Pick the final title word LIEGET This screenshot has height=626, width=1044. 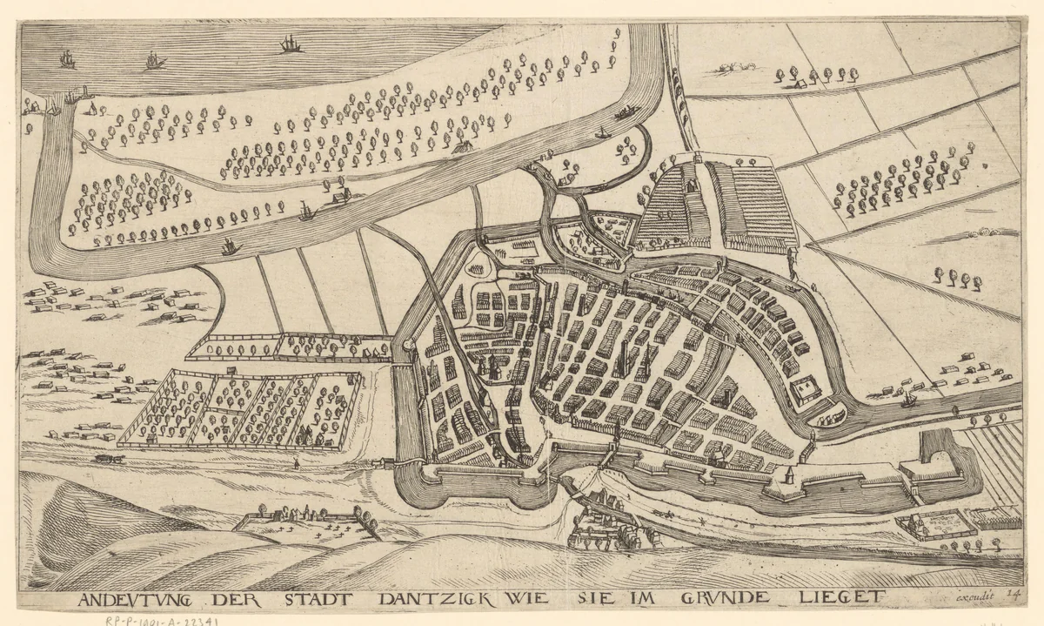pos(840,597)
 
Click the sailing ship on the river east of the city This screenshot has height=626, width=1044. pos(909,400)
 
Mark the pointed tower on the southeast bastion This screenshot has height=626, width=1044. pos(788,474)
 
